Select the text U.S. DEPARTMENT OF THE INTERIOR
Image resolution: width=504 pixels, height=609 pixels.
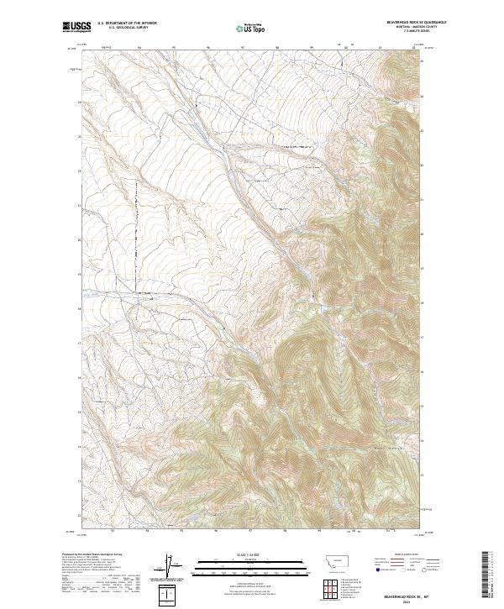click(x=127, y=23)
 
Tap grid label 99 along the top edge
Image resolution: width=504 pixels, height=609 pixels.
click(x=311, y=47)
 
